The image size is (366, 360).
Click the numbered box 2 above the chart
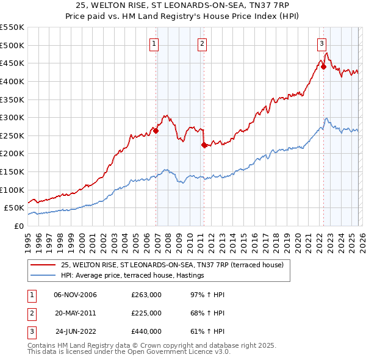coord(202,43)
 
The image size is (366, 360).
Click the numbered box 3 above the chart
coord(321,43)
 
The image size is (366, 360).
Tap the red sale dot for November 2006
coord(156,131)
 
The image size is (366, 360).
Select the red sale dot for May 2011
coord(204,145)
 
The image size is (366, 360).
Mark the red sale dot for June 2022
coord(323,67)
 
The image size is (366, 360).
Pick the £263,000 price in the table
coord(146,295)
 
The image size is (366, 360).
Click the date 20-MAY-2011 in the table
coord(75,313)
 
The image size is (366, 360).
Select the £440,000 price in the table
coord(146,331)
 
